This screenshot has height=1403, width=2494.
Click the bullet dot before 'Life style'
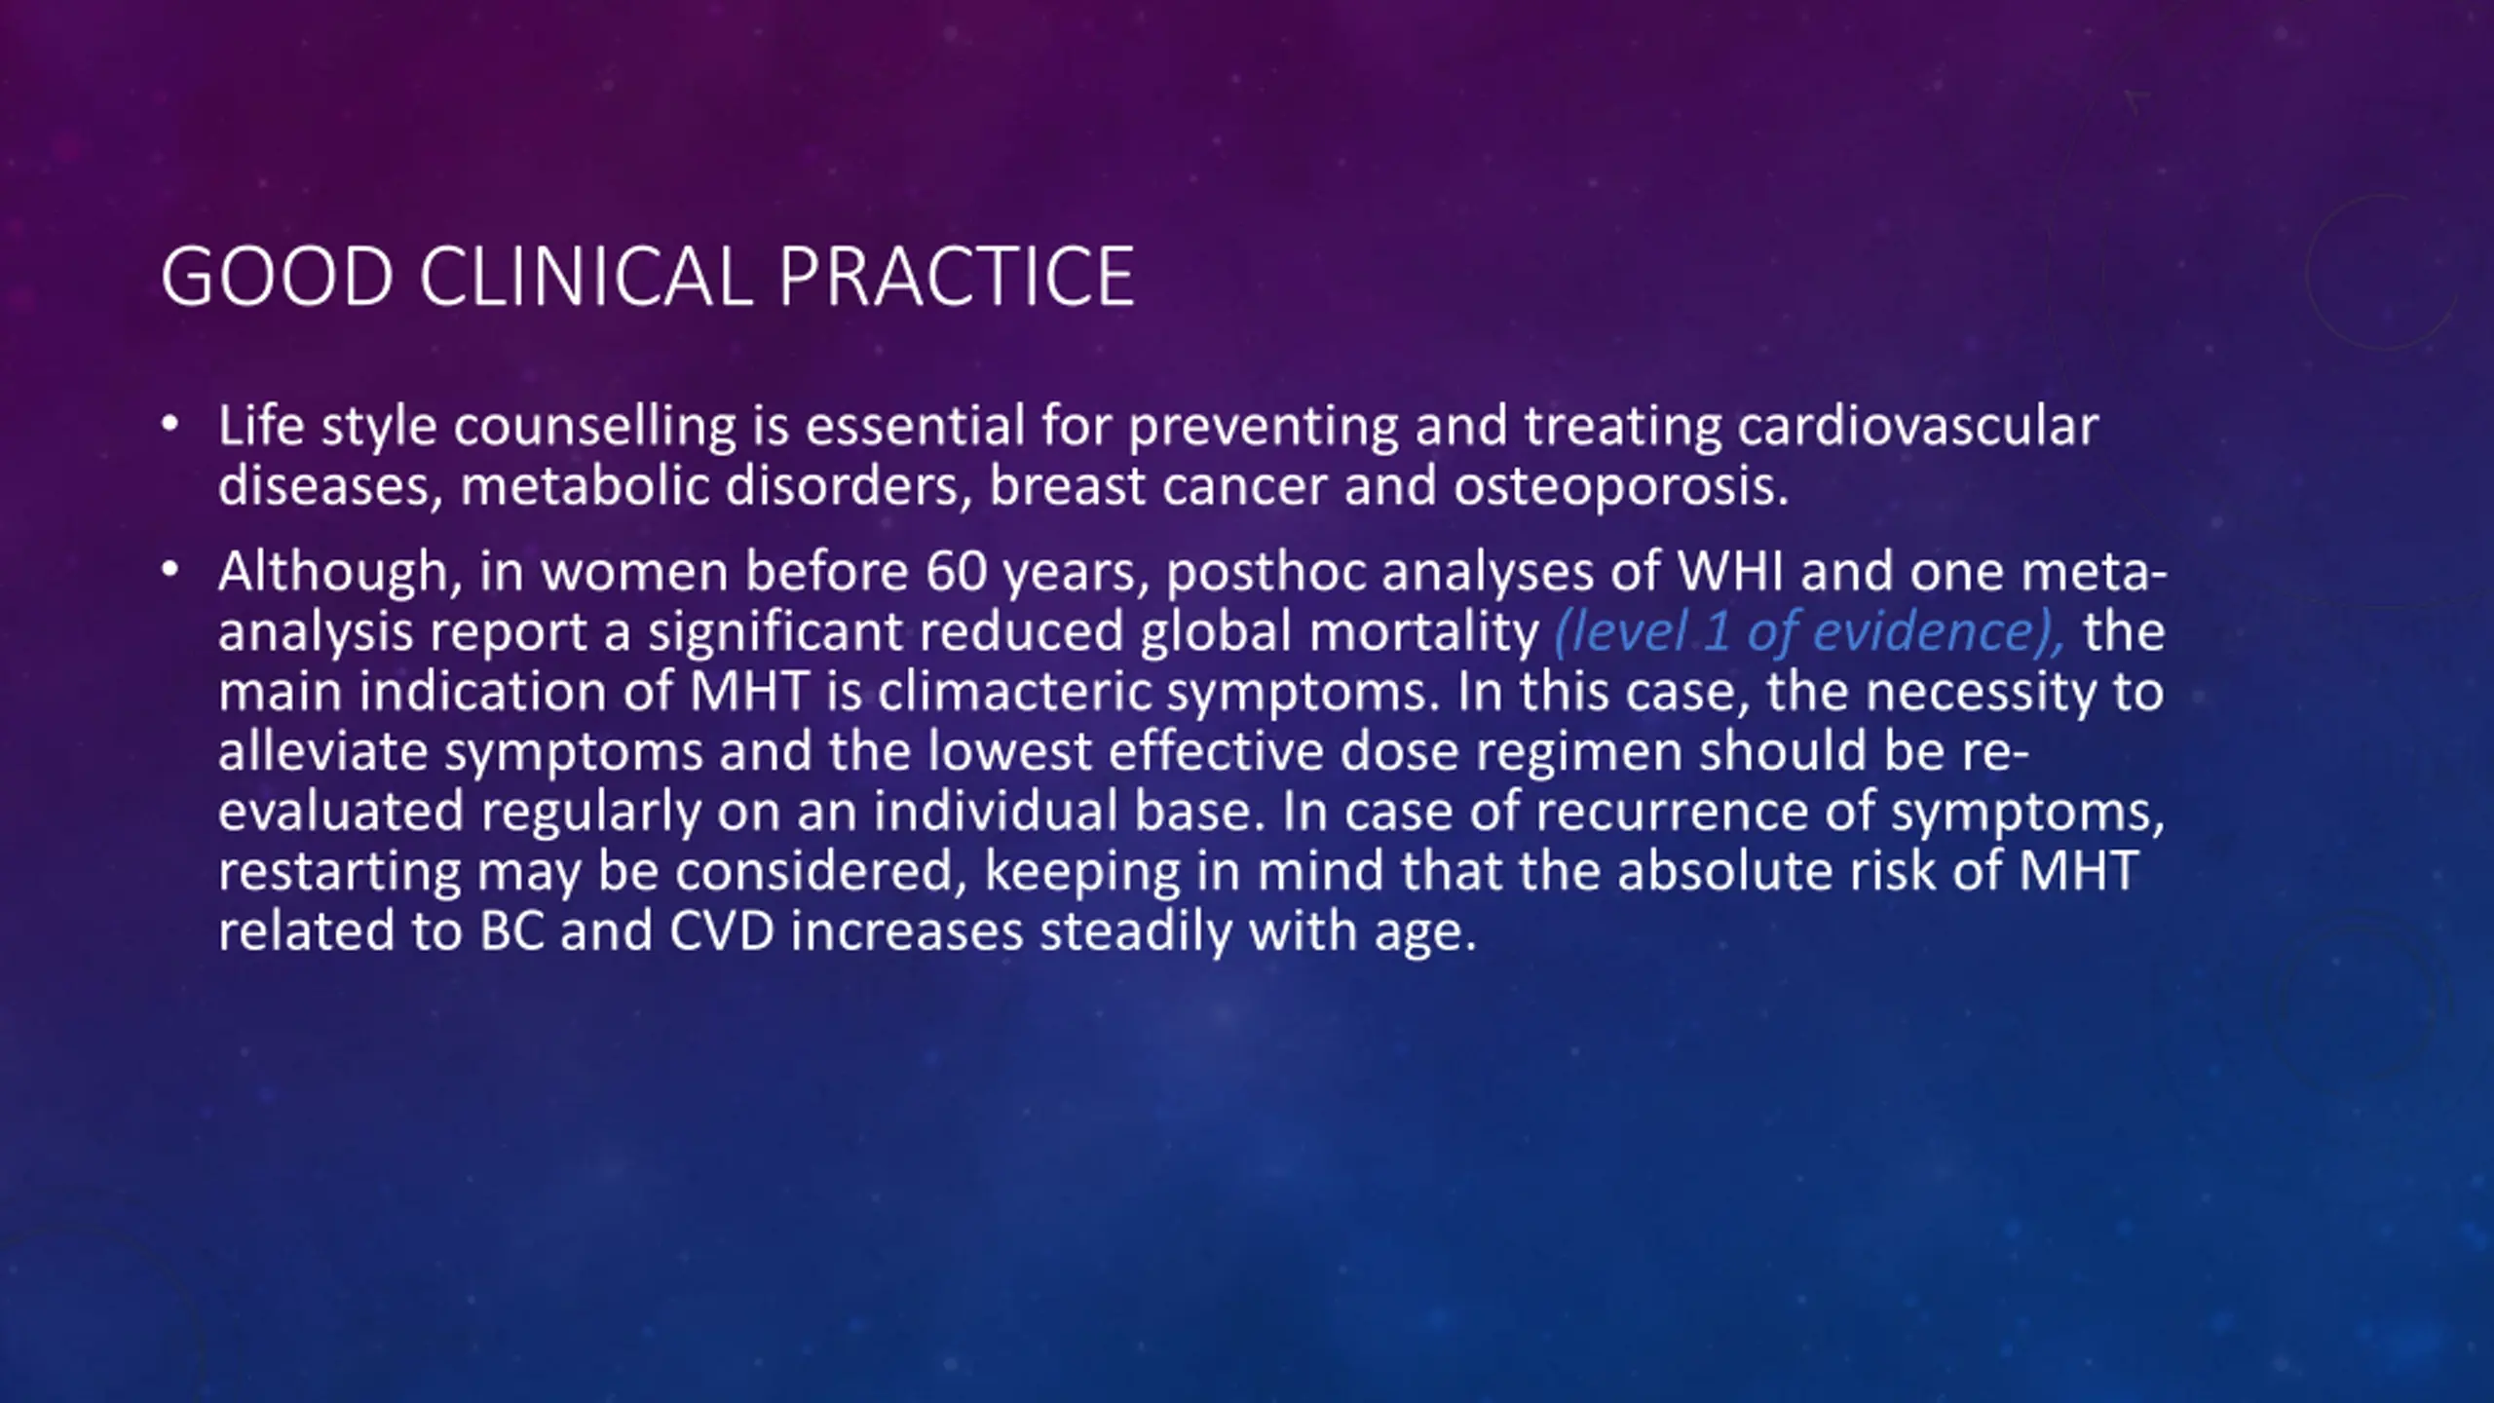[x=170, y=425]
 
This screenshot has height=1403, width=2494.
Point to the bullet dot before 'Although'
[x=170, y=570]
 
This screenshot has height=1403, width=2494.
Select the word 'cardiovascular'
[x=1917, y=427]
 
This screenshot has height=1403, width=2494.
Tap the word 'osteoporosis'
[x=1621, y=487]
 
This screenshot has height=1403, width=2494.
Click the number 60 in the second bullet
[x=957, y=572]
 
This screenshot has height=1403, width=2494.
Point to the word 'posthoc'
[x=1266, y=573]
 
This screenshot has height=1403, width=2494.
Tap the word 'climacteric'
[x=1014, y=692]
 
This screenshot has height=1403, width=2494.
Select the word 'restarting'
[x=339, y=873]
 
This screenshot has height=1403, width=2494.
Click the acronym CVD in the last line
[x=722, y=931]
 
